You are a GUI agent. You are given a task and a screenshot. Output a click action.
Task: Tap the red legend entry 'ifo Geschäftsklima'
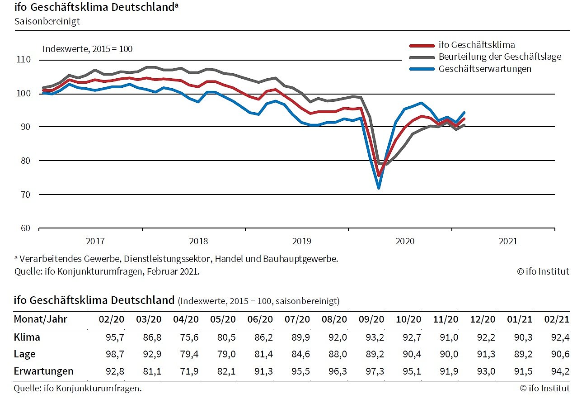477,45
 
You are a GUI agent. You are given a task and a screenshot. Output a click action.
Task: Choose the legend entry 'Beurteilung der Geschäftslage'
500,57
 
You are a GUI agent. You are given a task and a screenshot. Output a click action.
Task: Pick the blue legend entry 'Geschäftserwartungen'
485,69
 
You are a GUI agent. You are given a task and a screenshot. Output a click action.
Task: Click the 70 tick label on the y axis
25,195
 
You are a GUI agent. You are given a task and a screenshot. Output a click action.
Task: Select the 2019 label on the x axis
302,242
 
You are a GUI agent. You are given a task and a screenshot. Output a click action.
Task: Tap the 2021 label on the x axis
508,242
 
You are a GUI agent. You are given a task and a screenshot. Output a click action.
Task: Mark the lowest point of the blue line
379,187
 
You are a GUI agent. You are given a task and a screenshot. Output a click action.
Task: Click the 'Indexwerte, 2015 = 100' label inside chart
87,49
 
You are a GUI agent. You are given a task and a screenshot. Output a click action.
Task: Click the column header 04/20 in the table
186,319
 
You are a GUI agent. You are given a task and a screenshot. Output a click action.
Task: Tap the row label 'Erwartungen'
43,371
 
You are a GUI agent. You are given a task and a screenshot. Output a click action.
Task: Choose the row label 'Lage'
24,354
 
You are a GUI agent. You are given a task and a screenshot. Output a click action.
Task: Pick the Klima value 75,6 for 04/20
190,337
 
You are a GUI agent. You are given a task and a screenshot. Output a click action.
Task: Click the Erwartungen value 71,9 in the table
190,371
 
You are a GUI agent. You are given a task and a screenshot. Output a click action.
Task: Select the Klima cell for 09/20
375,337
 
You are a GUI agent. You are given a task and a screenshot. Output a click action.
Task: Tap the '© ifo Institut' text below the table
544,388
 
